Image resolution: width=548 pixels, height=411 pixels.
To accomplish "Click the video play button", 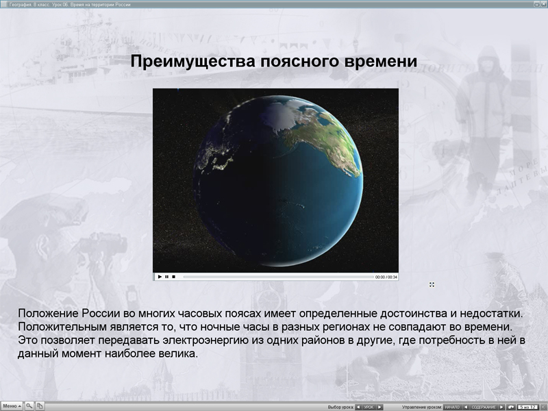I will coord(160,277).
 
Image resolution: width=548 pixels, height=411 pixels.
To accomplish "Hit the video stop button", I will coord(173,277).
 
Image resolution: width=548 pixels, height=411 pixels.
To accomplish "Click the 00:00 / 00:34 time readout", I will coord(386,277).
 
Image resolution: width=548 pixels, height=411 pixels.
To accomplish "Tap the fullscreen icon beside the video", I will coord(432,284).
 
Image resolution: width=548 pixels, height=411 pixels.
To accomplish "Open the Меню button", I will coord(12,406).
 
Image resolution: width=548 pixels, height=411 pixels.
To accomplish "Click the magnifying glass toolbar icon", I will coord(29,406).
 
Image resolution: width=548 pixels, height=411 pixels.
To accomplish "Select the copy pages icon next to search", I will coord(40,406).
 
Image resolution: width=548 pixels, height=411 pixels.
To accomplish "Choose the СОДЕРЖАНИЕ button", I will coord(484,407).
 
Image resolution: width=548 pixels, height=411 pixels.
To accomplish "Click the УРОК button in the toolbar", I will coord(369,407).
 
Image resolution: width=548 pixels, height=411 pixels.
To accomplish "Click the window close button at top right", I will coord(543,4).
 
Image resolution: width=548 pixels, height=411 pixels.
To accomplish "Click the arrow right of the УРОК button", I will coord(380,407).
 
